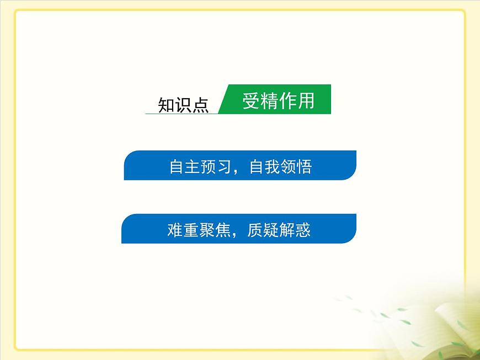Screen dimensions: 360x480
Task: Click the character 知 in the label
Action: coord(167,105)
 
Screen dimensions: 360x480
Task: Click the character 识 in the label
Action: coord(184,105)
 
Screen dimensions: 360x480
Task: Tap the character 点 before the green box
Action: coord(201,105)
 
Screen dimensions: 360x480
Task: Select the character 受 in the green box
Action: coord(251,101)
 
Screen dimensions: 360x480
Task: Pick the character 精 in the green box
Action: coord(269,101)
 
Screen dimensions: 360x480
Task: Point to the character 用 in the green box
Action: coord(306,101)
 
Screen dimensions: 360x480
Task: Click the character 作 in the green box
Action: coord(287,101)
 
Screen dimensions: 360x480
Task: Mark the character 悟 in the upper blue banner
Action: coord(304,166)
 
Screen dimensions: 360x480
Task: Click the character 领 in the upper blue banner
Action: coord(289,166)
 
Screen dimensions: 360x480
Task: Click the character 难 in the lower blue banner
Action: coord(175,230)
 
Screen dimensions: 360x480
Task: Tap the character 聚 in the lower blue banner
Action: coord(207,230)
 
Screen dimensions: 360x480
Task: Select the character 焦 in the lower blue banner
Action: coord(224,230)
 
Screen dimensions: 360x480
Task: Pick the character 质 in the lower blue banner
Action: coord(255,230)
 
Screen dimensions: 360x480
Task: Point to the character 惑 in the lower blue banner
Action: coord(302,230)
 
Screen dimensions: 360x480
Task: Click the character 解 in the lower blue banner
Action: coord(286,230)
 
